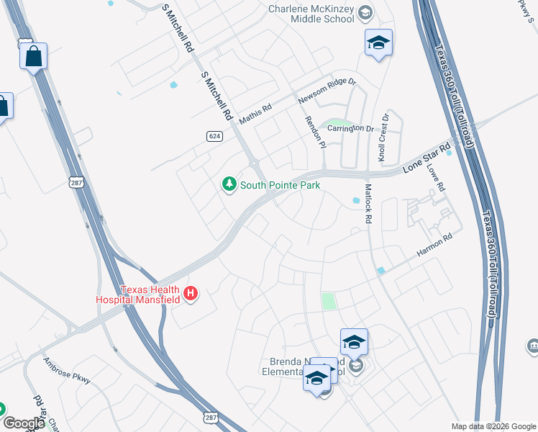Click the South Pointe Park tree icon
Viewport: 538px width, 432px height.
click(229, 185)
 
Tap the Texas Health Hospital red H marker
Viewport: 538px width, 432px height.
click(191, 293)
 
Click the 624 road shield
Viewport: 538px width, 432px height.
click(214, 136)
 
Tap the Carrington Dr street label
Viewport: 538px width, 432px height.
click(351, 129)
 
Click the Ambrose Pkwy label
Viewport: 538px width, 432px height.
click(66, 370)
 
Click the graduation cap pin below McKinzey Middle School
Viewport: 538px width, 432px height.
click(378, 43)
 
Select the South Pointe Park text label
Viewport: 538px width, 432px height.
click(280, 185)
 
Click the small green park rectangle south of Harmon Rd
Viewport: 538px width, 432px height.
click(328, 301)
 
